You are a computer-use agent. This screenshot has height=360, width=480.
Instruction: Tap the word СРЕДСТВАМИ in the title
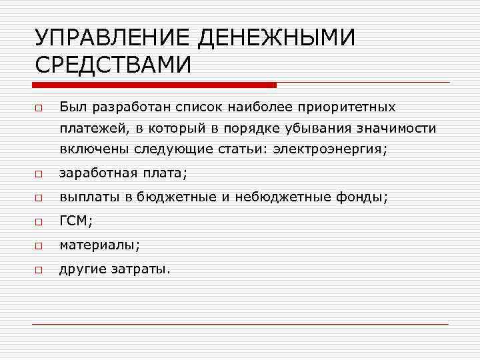coord(113,66)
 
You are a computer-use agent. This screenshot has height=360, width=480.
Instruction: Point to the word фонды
coord(365,197)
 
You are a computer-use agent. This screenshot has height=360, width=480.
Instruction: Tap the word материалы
coord(97,245)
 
